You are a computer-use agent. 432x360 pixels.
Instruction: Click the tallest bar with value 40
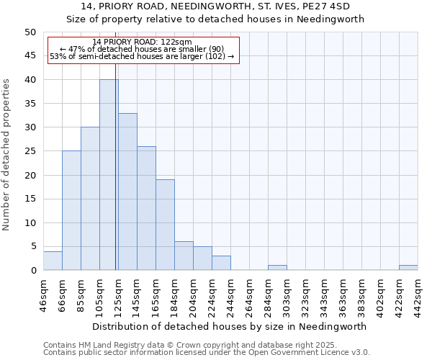[109, 175]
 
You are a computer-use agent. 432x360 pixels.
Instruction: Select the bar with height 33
[127, 192]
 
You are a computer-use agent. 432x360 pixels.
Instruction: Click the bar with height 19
[165, 225]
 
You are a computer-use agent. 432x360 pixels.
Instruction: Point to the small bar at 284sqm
[277, 268]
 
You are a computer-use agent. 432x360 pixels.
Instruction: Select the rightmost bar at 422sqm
[408, 268]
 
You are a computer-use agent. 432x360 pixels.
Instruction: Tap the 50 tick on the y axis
[30, 32]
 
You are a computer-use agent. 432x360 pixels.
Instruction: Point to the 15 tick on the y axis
[30, 199]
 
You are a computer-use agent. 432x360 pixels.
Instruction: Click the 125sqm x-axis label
[119, 295]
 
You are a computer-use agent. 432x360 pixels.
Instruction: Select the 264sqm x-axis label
[250, 295]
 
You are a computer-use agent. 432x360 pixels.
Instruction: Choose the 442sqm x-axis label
[418, 295]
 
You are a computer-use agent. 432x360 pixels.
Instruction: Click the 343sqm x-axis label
[325, 295]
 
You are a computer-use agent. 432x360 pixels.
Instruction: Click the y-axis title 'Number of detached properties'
[8, 155]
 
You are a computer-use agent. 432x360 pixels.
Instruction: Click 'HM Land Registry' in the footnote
[112, 345]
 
